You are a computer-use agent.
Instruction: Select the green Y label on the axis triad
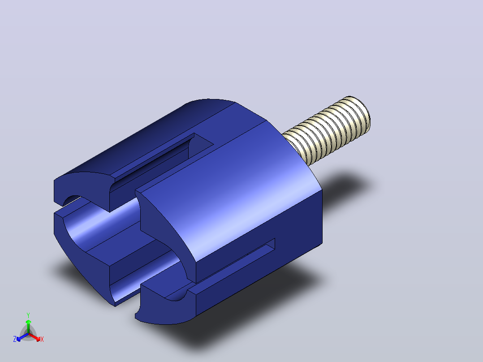(28, 315)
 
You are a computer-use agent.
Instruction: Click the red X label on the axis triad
(42, 339)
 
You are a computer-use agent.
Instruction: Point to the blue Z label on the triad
(15, 339)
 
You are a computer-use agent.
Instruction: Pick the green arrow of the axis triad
(28, 326)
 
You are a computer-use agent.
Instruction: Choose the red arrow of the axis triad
(34, 337)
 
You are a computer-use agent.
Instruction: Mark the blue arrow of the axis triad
(22, 337)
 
